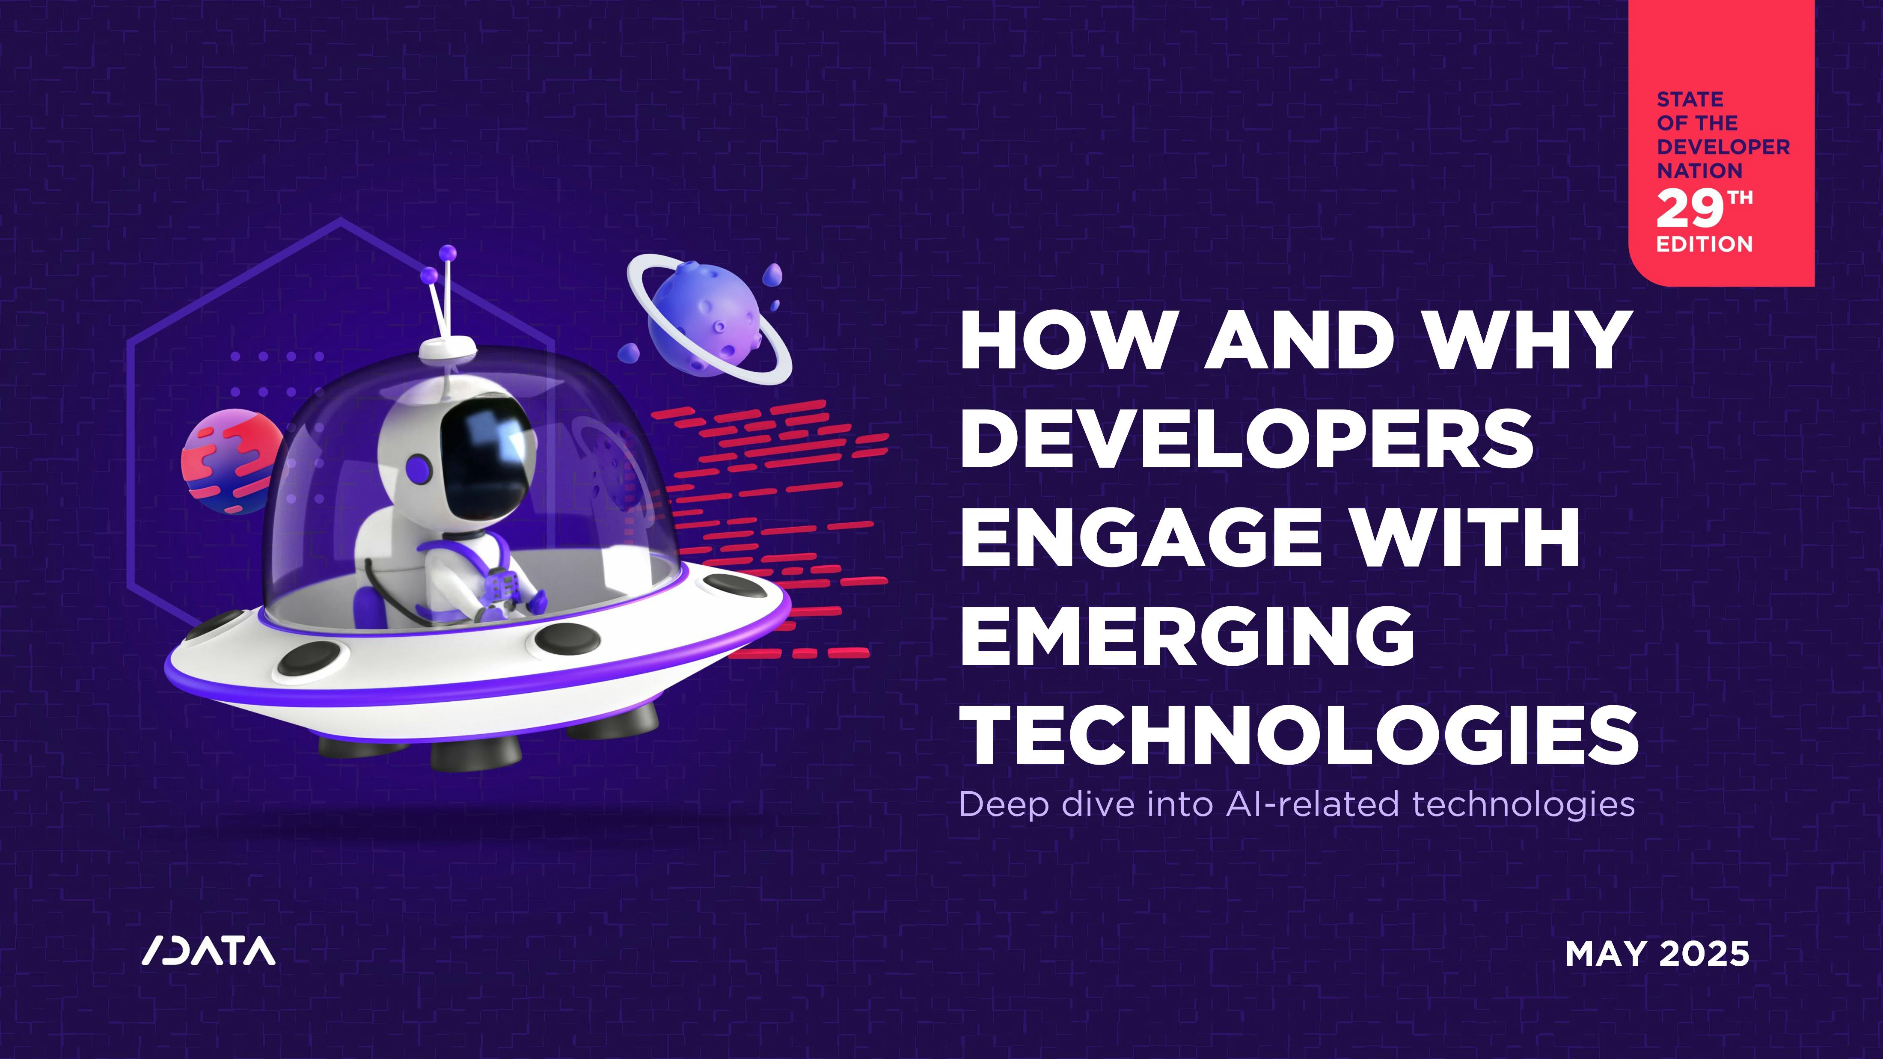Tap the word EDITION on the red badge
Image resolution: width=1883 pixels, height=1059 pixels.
click(1705, 244)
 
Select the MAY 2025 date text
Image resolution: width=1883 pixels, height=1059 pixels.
click(1657, 954)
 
